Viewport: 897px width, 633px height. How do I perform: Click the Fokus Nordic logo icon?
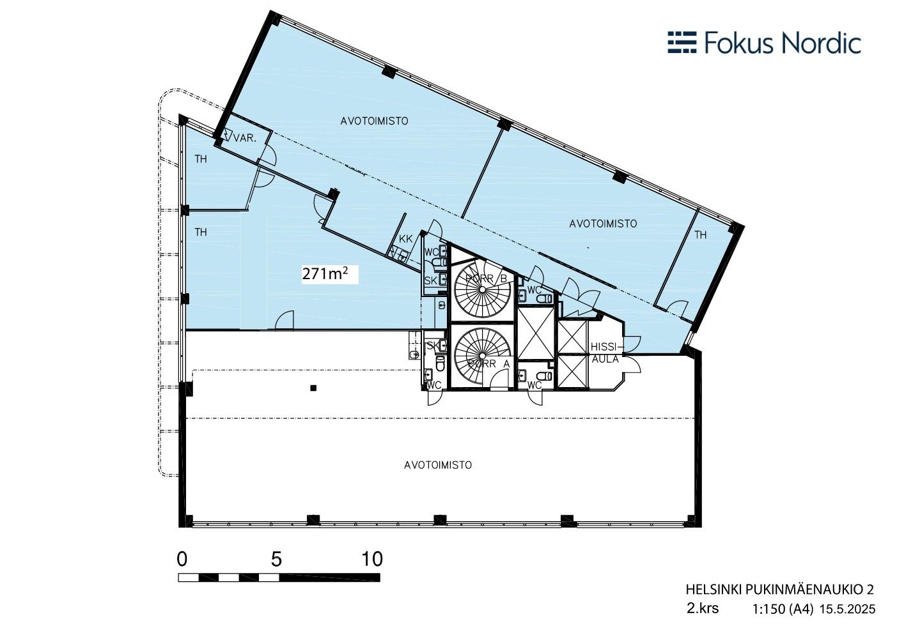coord(683,42)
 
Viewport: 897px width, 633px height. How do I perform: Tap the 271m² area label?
coord(325,274)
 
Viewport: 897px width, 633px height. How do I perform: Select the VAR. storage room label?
coord(245,139)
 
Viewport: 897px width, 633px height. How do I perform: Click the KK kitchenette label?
coord(405,240)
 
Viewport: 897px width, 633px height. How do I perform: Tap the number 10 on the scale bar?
coord(372,559)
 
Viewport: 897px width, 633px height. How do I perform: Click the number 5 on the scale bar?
coord(276,559)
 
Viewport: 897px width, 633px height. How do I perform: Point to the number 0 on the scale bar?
coord(182,559)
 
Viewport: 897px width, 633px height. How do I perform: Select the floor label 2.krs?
coord(703,609)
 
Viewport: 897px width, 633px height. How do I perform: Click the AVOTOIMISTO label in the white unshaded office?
coord(438,465)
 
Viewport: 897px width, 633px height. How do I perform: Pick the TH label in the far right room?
coord(701,235)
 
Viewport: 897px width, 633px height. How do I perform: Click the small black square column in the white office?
coord(313,388)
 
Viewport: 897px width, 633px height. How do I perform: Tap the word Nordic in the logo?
coord(822,43)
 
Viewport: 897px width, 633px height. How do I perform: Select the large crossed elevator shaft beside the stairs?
coord(536,333)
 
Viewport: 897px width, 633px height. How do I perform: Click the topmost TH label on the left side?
coord(201,159)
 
